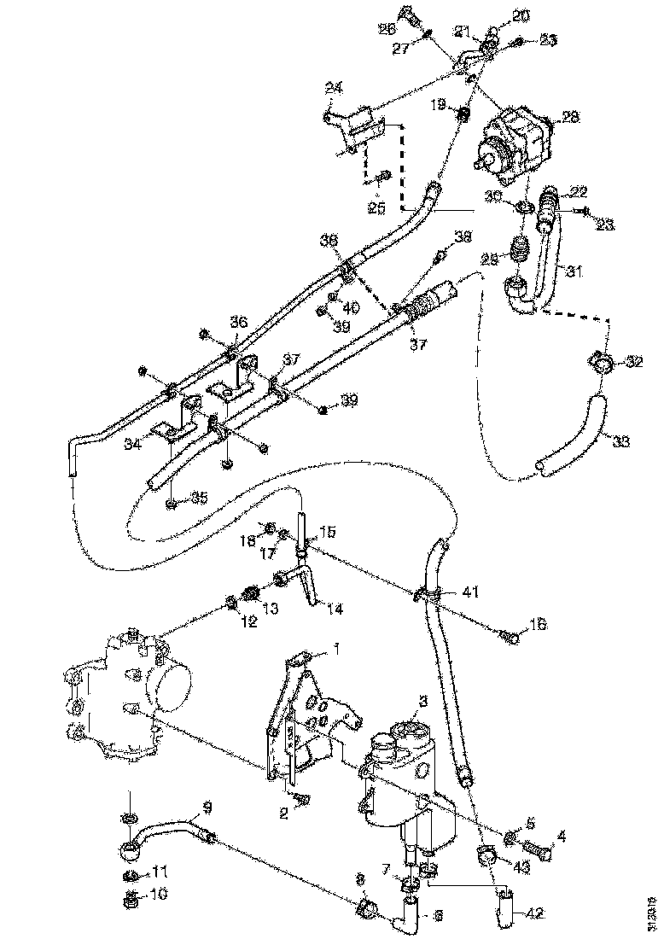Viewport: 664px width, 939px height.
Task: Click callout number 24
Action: (x=332, y=87)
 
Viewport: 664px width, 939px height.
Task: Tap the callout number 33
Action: (x=620, y=441)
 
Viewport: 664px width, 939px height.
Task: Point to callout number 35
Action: (x=199, y=497)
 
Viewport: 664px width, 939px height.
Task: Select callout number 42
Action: (x=533, y=913)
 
